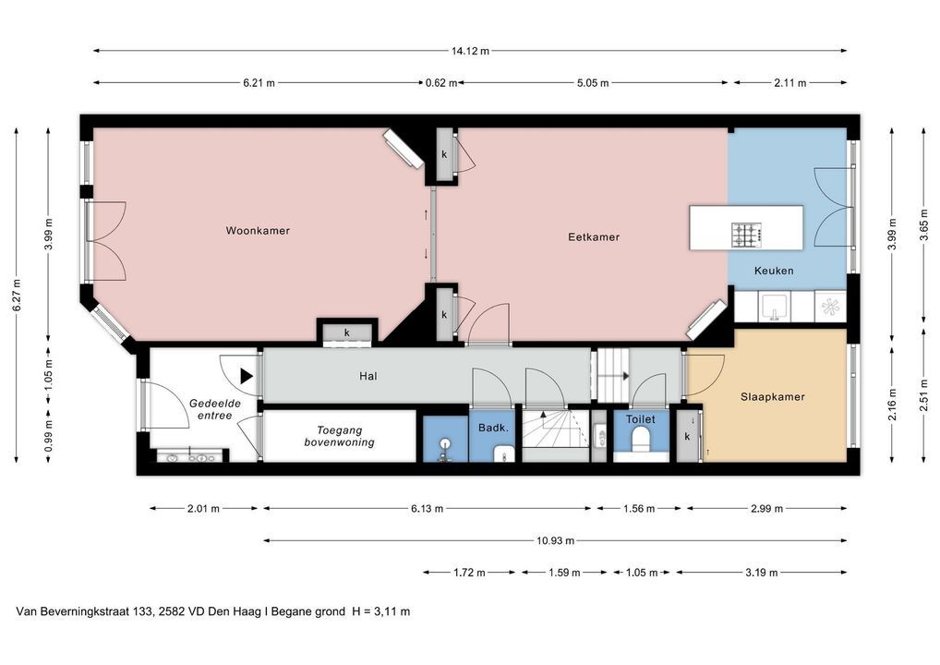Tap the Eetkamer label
[x=594, y=237]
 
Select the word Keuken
[x=774, y=271]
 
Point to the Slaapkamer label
[x=773, y=397]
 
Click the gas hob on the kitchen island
[x=746, y=235]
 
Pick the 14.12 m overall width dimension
[x=470, y=51]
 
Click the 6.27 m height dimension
[x=17, y=295]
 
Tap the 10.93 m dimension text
[x=555, y=541]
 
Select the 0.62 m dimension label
[x=441, y=83]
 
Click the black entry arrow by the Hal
[x=247, y=376]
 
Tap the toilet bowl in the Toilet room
[x=642, y=439]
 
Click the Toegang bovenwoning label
[x=339, y=437]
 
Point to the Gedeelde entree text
[x=214, y=409]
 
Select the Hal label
[x=368, y=377]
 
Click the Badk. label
[x=493, y=429]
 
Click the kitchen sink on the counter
[x=775, y=307]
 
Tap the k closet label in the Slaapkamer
[x=687, y=437]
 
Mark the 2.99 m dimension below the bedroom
[x=766, y=509]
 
